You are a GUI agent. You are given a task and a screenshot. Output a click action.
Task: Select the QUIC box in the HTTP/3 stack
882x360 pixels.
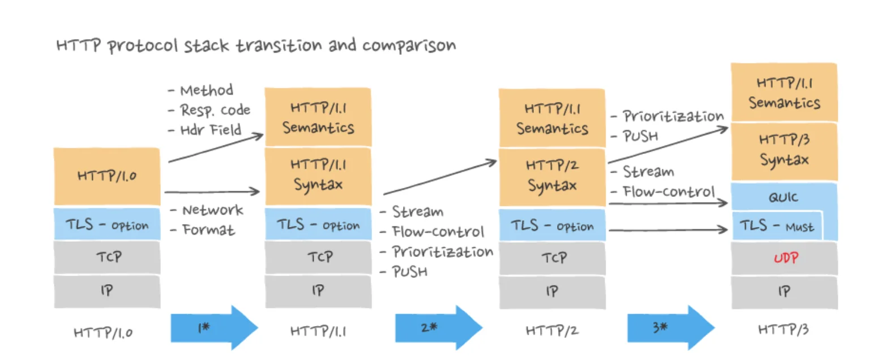[x=784, y=198]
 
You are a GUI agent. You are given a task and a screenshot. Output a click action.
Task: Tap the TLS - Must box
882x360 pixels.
[x=776, y=227]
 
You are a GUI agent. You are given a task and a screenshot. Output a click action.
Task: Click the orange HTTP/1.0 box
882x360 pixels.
[x=107, y=176]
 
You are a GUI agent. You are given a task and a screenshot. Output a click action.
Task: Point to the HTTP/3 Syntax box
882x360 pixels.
[x=784, y=151]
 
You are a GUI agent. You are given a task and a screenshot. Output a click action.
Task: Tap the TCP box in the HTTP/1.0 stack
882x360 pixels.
[x=107, y=256]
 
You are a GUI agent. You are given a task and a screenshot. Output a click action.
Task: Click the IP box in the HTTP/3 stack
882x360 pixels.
[x=784, y=292]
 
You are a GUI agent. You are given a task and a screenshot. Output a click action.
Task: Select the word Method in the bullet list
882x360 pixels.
[x=206, y=90]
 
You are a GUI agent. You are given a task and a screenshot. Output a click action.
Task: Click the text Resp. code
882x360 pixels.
[x=215, y=110]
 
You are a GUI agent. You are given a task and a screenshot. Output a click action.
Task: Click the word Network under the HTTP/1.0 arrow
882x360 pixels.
[x=212, y=211]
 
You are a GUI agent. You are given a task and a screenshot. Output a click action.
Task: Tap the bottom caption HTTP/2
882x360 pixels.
[x=552, y=331]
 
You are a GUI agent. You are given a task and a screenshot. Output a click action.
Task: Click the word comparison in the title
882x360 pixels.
[x=408, y=45]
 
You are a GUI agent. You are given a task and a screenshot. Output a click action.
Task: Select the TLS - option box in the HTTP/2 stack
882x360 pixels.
[x=551, y=226]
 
